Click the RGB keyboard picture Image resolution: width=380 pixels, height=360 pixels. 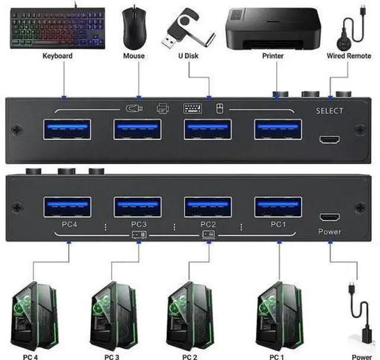pyautogui.click(x=58, y=28)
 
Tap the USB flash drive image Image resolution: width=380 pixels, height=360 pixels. pyautogui.click(x=188, y=29)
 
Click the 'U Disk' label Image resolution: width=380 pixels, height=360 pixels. pyautogui.click(x=188, y=56)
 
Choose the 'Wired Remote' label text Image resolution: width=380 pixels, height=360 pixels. pyautogui.click(x=349, y=56)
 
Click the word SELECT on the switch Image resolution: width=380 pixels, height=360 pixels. pyautogui.click(x=330, y=110)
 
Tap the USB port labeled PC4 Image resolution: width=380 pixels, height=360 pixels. pyautogui.click(x=67, y=207)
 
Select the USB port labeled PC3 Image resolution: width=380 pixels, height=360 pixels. pyautogui.click(x=138, y=207)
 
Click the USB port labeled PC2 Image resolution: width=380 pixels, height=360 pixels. pyautogui.click(x=208, y=207)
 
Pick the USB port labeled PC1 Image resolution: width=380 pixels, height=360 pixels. pyautogui.click(x=278, y=207)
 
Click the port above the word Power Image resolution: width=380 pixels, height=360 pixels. pyautogui.click(x=330, y=217)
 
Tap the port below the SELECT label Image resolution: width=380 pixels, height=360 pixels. pyautogui.click(x=330, y=140)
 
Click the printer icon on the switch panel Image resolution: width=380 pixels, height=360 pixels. pyautogui.click(x=163, y=108)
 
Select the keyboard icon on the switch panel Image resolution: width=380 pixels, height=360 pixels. pyautogui.click(x=192, y=108)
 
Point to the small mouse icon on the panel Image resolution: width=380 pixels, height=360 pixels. pyautogui.click(x=220, y=108)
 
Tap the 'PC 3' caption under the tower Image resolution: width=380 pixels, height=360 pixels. pyautogui.click(x=112, y=357)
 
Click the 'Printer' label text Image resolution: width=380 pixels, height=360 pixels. pyautogui.click(x=273, y=56)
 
